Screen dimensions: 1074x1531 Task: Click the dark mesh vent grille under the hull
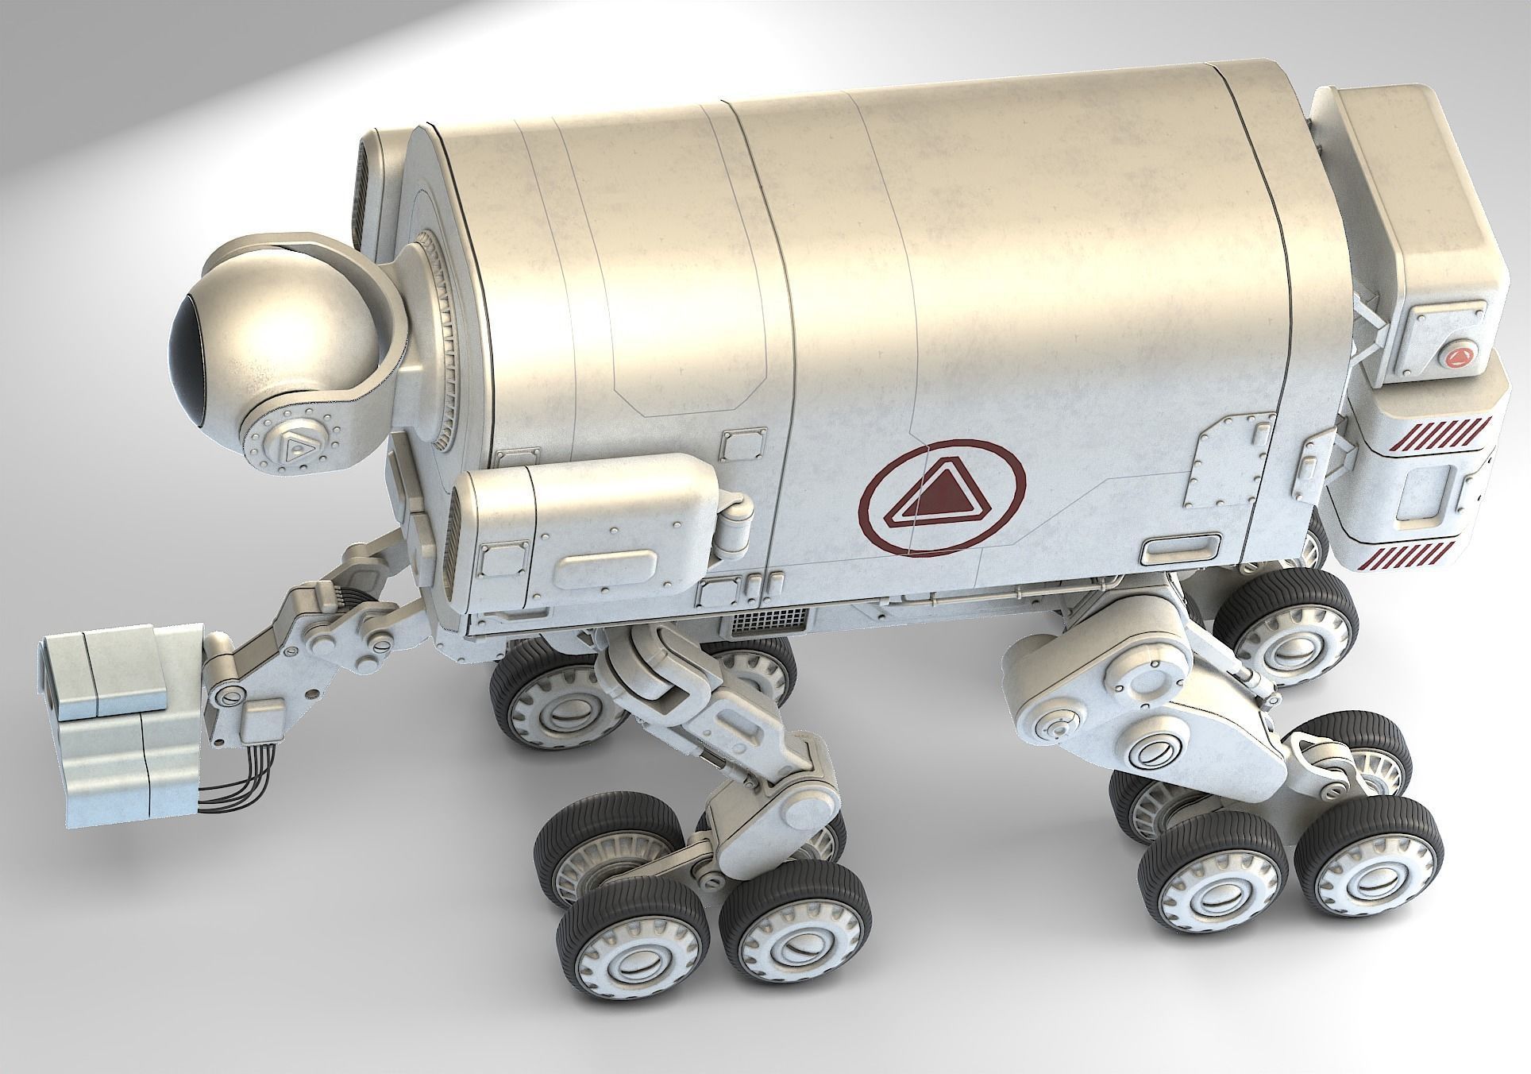[x=770, y=621]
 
